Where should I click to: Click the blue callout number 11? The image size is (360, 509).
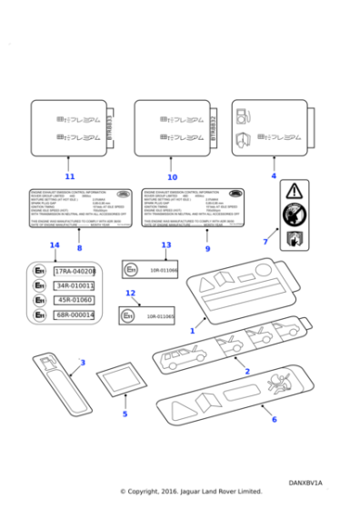coord(70,176)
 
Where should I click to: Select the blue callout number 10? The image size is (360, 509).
coord(172,176)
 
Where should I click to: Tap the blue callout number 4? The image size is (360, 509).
coord(273,175)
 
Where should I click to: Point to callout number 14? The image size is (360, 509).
coord(55,245)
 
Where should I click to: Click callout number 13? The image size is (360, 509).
coord(165,245)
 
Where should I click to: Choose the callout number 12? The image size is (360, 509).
coord(130,294)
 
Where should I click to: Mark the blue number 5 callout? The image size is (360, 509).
coord(125,414)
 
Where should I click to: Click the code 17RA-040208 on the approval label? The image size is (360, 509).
coord(75,272)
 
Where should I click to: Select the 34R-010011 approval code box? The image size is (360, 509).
coord(75,286)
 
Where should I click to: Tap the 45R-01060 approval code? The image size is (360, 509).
coord(75,301)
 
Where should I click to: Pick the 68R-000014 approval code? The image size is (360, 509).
coord(75,315)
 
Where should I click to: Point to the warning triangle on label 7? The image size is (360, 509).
coord(294,192)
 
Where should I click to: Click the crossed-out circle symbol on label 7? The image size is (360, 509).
coord(294,215)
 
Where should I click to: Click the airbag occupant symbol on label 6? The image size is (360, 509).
coord(272,383)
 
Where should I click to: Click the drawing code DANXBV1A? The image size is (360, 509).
coord(305,483)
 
